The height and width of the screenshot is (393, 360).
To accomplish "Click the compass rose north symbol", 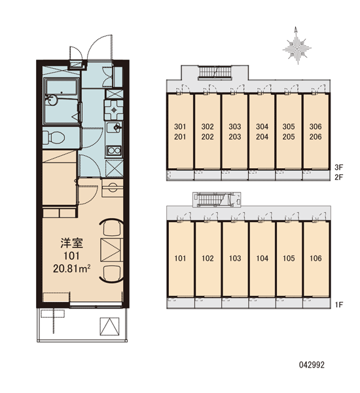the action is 297,46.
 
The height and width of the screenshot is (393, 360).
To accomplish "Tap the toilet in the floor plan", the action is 54,138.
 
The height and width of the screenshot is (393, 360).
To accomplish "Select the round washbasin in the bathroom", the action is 52,100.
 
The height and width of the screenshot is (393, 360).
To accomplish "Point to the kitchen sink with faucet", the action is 115,127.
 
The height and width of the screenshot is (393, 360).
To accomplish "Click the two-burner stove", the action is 115,151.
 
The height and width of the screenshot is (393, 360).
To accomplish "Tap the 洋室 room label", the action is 71,243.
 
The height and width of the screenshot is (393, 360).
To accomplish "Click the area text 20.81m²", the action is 71,269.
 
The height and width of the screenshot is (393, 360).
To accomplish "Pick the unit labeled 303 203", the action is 235,132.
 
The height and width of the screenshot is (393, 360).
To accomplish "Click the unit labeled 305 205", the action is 289,132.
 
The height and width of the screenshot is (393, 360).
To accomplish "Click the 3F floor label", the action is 338,167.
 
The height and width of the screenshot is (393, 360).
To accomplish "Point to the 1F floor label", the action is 338,305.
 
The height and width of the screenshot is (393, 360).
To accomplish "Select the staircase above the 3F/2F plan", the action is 215,73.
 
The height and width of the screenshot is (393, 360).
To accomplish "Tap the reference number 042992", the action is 312,365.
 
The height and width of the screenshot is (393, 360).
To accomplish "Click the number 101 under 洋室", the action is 71,256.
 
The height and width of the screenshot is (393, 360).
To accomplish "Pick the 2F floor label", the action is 338,178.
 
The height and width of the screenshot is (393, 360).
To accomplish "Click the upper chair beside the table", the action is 112,228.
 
